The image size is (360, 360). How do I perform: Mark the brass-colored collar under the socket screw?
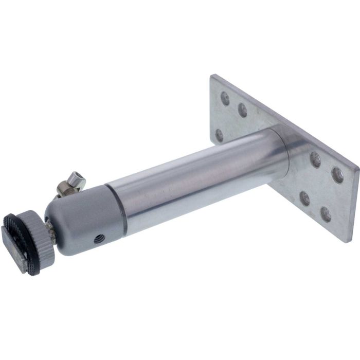66,190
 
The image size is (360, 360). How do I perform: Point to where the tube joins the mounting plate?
285,154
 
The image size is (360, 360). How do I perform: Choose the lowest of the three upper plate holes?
220,135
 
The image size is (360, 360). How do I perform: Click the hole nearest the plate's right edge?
337,175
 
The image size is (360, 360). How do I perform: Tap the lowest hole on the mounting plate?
326,214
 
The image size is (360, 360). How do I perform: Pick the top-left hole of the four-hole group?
315,160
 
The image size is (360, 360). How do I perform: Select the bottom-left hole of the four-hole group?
305,198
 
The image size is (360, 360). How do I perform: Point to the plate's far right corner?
358,167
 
